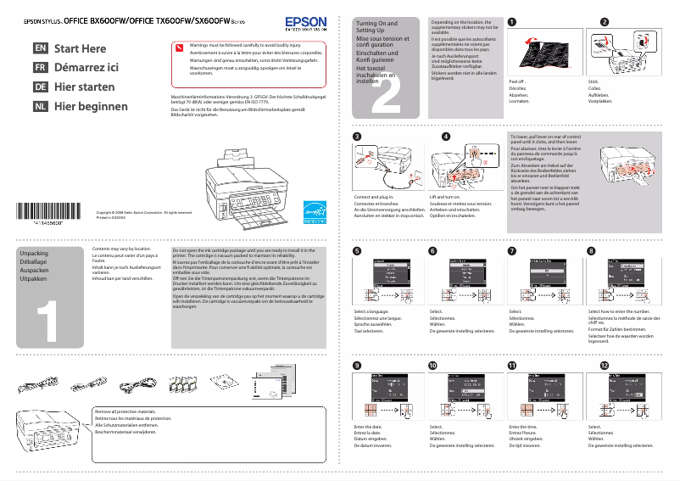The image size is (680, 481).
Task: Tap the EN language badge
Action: pyautogui.click(x=40, y=48)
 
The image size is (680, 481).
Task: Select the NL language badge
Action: pyautogui.click(x=40, y=106)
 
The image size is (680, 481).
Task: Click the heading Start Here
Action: pyautogui.click(x=81, y=48)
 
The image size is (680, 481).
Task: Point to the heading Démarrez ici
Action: pyautogui.click(x=86, y=68)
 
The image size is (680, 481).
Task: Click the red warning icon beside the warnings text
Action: pyautogui.click(x=179, y=48)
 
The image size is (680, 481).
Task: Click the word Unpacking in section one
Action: pyautogui.click(x=34, y=254)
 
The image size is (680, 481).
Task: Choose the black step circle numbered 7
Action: pyautogui.click(x=511, y=251)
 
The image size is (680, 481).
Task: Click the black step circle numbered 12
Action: pyautogui.click(x=604, y=365)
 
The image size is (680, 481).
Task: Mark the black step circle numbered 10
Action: pyautogui.click(x=433, y=365)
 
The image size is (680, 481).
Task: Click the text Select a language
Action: pyautogui.click(x=371, y=312)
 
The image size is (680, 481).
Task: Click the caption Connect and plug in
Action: pyautogui.click(x=374, y=197)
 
